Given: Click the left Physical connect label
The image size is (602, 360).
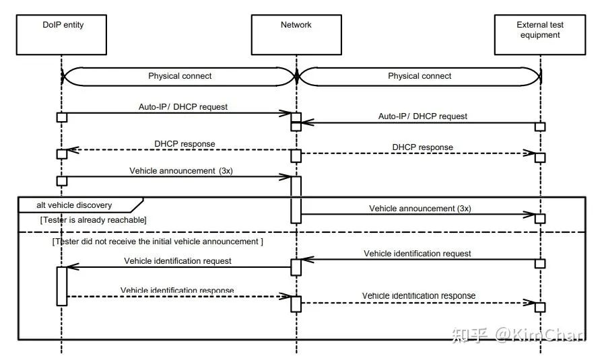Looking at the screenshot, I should (x=180, y=76).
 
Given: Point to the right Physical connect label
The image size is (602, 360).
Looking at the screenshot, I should (x=420, y=76).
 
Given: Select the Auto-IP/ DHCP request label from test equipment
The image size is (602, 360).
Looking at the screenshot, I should (x=422, y=116).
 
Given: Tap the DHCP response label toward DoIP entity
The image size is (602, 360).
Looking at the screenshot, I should (x=185, y=143).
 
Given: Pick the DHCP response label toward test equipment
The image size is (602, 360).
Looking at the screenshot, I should (x=422, y=147).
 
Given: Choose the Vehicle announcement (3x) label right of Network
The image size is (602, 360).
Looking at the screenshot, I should (x=420, y=209).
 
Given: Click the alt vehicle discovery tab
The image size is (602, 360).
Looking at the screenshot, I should (x=75, y=205).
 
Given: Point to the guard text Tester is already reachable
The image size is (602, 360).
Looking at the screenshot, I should (x=94, y=220).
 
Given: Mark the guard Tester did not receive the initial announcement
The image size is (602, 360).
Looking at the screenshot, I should (x=158, y=241).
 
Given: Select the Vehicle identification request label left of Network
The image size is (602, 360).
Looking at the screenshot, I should (x=178, y=260).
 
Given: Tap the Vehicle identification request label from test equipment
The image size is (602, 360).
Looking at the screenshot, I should (x=417, y=254).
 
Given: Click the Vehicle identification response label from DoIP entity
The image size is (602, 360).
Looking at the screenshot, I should (x=177, y=291).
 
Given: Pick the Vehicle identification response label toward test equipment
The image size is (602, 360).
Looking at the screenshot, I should (x=418, y=295).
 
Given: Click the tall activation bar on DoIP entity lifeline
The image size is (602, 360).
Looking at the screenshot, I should (x=61, y=286).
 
